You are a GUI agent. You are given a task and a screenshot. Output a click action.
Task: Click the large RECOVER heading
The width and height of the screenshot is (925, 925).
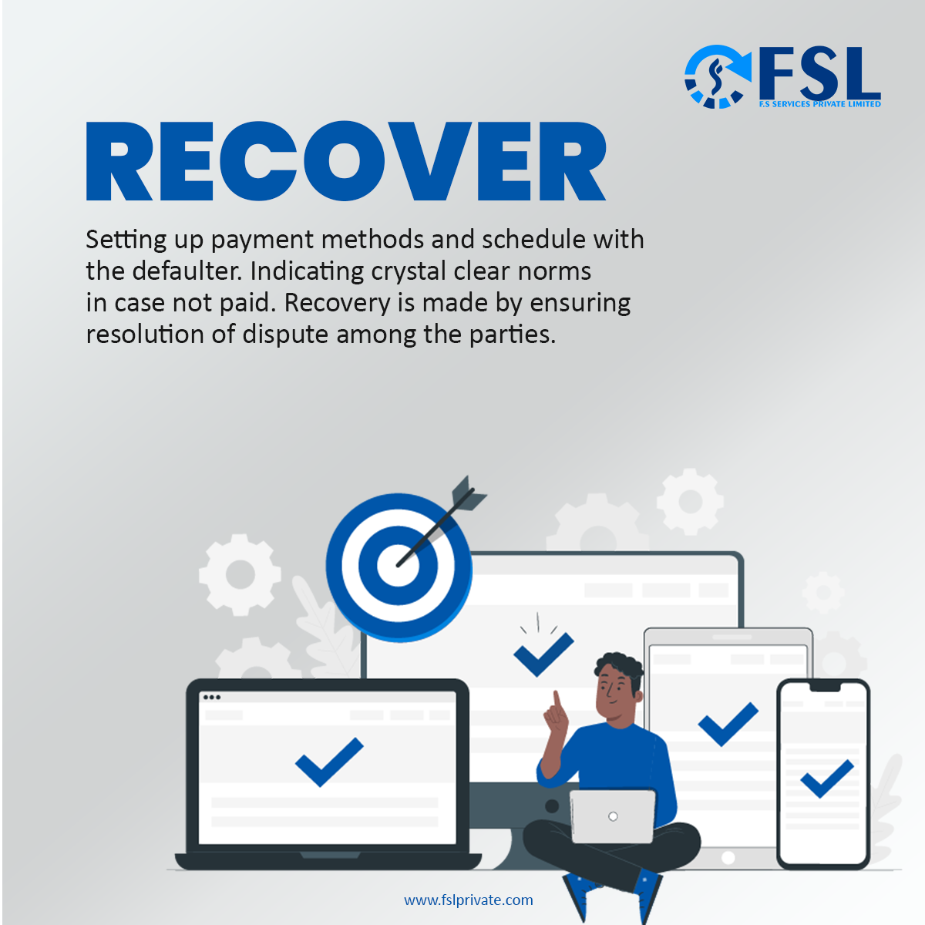pos(346,162)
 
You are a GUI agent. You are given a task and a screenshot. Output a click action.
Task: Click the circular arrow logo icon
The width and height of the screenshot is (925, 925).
pos(717,76)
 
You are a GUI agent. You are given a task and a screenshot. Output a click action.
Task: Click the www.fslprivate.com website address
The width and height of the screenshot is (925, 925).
pos(468,900)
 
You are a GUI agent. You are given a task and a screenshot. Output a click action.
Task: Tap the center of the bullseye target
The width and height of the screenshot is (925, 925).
pos(398,565)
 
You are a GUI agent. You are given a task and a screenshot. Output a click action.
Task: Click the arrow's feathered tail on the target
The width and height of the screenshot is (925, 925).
pos(469,493)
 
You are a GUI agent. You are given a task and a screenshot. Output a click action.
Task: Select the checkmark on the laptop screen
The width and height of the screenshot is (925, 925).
pos(329,762)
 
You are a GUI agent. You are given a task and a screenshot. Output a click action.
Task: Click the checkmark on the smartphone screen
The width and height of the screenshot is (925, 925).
pos(827,779)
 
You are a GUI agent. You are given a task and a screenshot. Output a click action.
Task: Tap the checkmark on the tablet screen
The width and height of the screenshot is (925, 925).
pos(728,725)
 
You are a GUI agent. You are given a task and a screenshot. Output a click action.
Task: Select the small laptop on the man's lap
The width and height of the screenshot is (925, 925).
pos(613,816)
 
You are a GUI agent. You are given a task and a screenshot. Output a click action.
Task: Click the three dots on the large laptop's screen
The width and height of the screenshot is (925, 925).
pos(211,698)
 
